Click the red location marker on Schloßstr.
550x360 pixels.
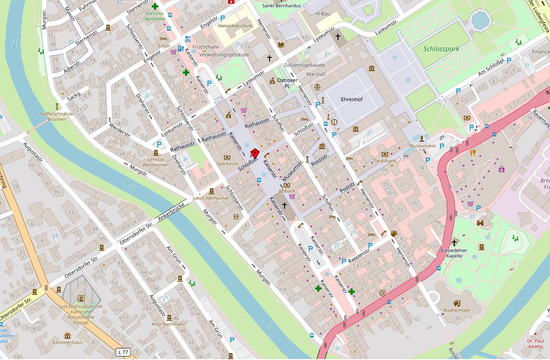pos(256,153)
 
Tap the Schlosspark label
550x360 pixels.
pos(441,49)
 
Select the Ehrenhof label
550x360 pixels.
pos(352,99)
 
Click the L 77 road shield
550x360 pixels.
pos(122,352)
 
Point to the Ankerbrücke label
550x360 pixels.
pos(171,212)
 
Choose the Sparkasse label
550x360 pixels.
pos(227,163)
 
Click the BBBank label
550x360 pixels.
pos(287,191)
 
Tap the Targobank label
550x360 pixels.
pos(384,161)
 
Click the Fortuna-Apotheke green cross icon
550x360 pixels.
pos(156,6)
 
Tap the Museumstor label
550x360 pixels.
pos(422,146)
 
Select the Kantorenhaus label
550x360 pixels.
pos(67,342)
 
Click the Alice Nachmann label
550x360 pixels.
pos(169,324)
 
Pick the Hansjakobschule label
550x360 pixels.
pos(235,26)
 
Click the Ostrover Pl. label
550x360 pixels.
pos(287,83)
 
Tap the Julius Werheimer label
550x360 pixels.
pos(211,198)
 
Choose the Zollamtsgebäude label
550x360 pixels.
pos(304,65)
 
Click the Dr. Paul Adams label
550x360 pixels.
pos(535,343)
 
